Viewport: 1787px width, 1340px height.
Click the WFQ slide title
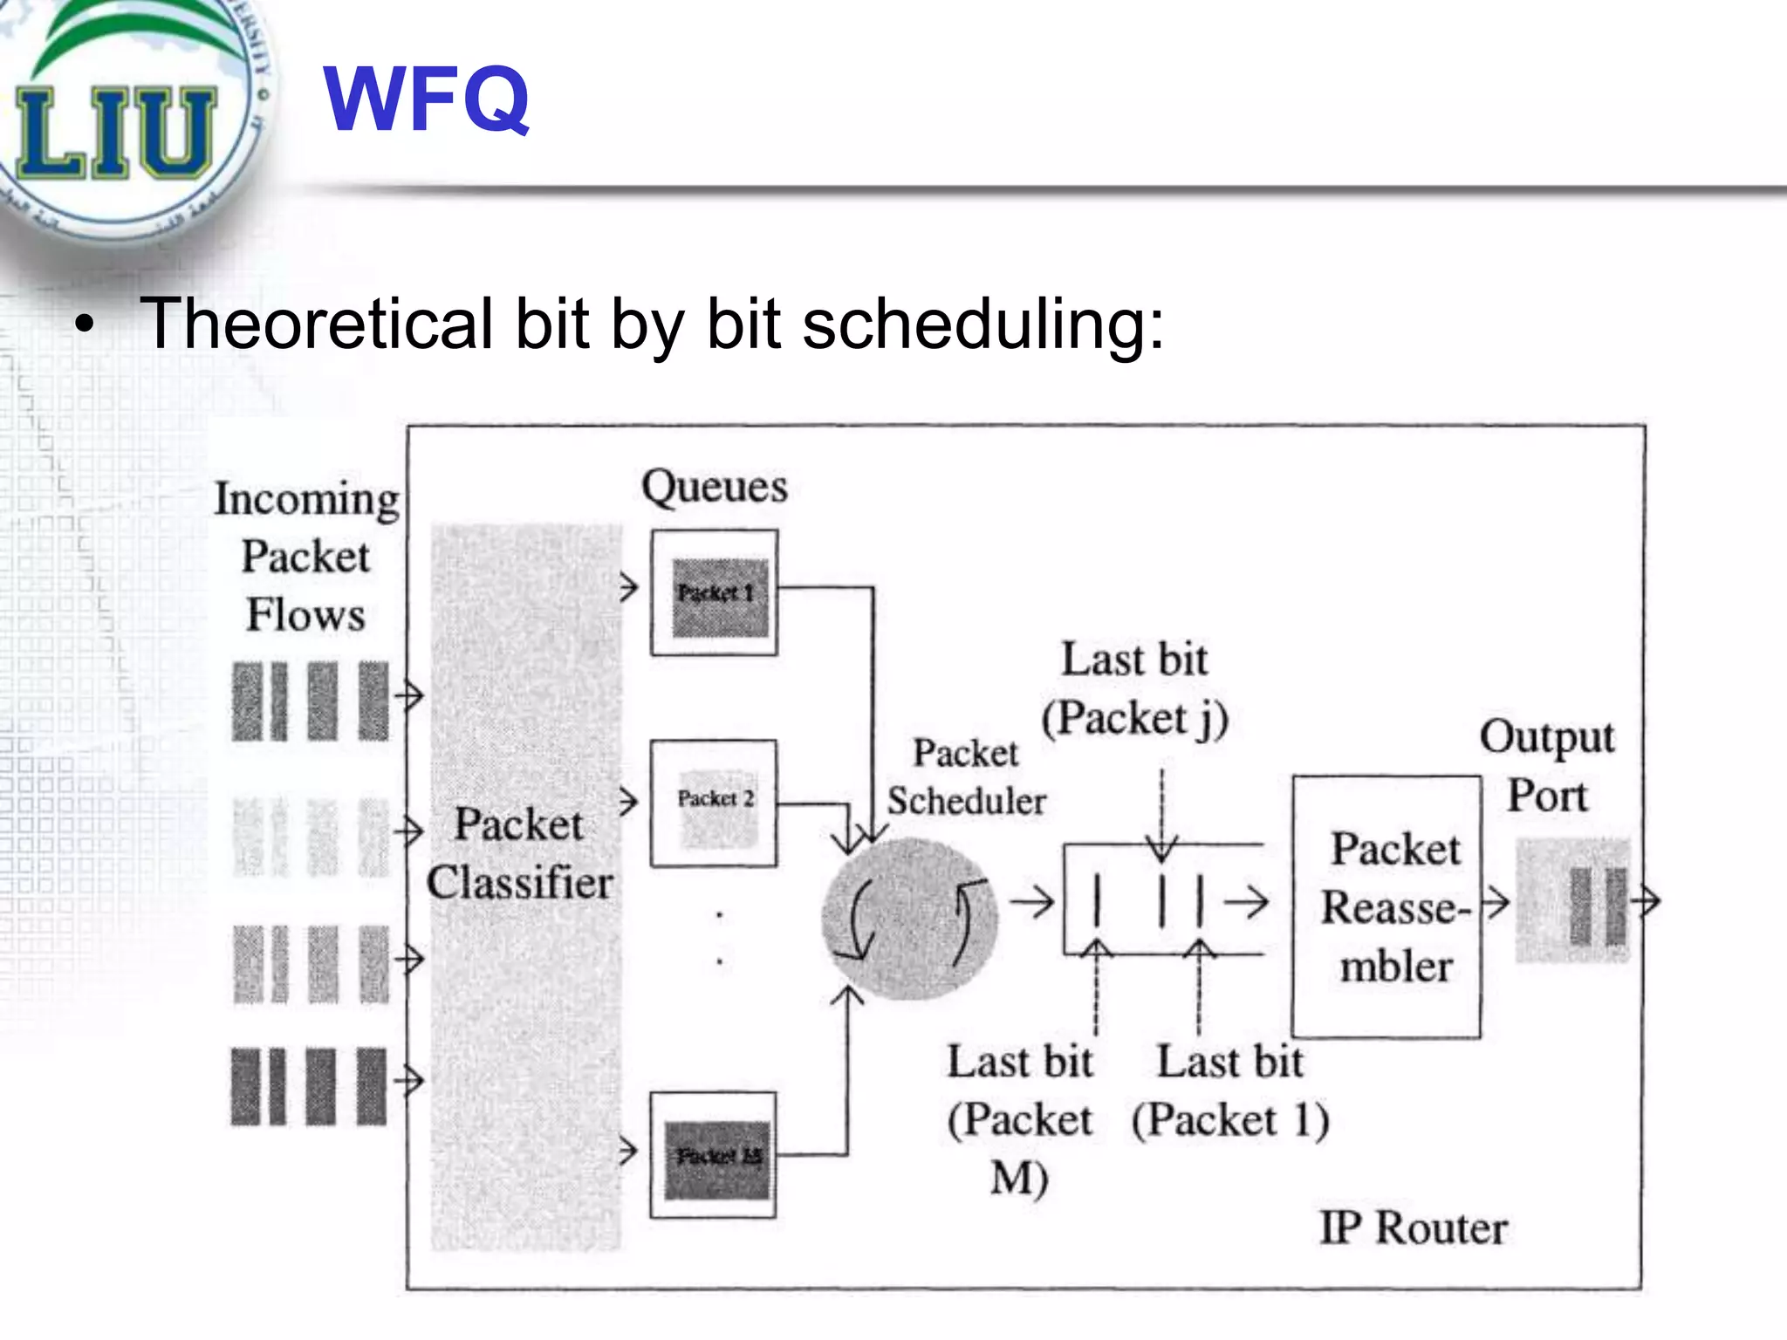point(427,100)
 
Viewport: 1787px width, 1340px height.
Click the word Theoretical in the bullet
point(317,324)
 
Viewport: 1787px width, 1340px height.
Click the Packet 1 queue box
point(714,593)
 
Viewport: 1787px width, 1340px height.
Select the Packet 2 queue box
point(714,803)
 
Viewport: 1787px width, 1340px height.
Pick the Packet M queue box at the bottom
point(714,1155)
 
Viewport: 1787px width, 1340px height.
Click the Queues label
point(714,487)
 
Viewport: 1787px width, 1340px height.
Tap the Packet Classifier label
point(520,853)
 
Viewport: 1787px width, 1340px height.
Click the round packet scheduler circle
point(909,918)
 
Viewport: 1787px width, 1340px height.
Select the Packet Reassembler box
point(1386,907)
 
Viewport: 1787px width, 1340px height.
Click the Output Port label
point(1547,766)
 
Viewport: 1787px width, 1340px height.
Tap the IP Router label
point(1413,1228)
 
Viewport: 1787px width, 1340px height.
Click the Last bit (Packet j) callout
point(1134,689)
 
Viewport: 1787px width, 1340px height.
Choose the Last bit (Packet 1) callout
point(1230,1090)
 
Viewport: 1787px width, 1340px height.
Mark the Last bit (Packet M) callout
point(1019,1118)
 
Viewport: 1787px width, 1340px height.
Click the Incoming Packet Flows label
point(306,557)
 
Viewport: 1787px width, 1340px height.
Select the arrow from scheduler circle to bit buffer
point(1032,902)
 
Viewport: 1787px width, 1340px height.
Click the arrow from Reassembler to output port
point(1496,902)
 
